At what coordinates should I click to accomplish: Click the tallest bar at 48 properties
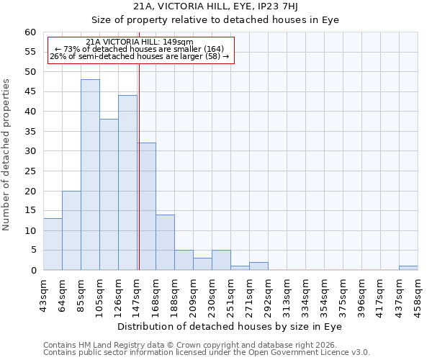pos(90,175)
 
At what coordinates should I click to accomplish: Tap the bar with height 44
pos(127,183)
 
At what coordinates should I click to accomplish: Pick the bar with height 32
pos(146,207)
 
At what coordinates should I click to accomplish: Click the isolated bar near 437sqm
pos(408,268)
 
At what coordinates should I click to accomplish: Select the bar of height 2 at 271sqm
pos(258,266)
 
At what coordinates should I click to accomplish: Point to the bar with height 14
pos(165,243)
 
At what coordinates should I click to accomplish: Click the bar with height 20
pos(71,230)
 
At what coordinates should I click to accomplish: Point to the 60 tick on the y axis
pos(30,32)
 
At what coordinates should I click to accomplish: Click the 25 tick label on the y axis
pos(30,171)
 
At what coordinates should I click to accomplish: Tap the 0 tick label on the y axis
pos(33,271)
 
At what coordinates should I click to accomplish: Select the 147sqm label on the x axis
pos(137,293)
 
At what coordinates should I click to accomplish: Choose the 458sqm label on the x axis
pos(418,293)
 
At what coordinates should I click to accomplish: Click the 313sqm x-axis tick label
pos(287,293)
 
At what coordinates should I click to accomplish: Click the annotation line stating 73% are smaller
pos(140,49)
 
